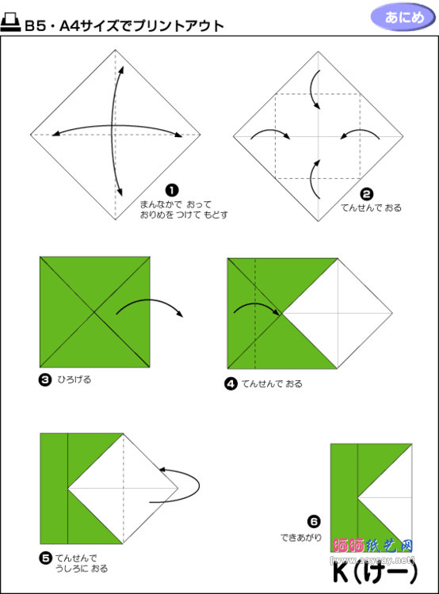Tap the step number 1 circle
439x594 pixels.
tap(171, 189)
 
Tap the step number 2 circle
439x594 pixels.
tap(366, 193)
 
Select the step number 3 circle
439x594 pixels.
tap(45, 379)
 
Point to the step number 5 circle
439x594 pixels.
tap(45, 558)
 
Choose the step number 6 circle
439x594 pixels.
tap(314, 521)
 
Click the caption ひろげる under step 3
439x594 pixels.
tap(74, 379)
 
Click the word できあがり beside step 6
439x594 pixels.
tap(301, 537)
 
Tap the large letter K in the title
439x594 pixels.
tap(339, 571)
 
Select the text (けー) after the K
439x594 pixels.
tap(383, 571)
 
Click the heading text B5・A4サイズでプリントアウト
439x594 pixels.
tap(124, 25)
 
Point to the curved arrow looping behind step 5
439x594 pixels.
tap(184, 482)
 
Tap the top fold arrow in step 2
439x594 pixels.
tap(315, 88)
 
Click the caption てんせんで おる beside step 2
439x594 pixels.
tap(371, 208)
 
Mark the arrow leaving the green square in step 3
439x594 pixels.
tap(150, 305)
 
